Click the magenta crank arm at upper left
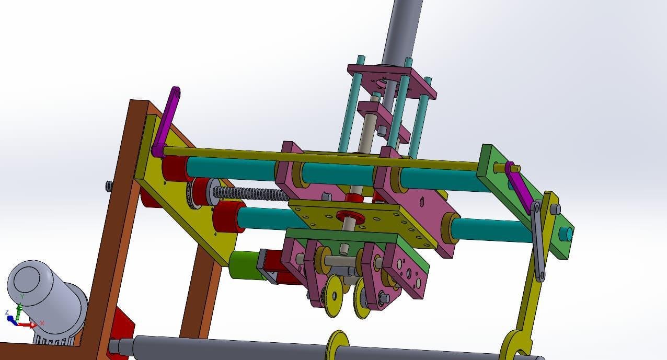pyautogui.click(x=166, y=122)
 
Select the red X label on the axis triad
pyautogui.click(x=42, y=323)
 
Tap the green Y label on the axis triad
pyautogui.click(x=22, y=296)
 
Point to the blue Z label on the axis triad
pyautogui.click(x=7, y=312)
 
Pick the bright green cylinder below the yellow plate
pyautogui.click(x=245, y=265)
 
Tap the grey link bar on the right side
pyautogui.click(x=538, y=241)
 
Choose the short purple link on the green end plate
pyautogui.click(x=517, y=188)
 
